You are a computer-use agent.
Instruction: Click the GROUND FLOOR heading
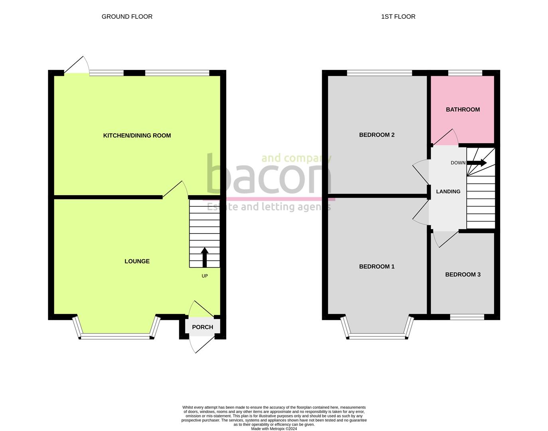coord(127,16)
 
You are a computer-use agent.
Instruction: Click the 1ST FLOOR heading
coord(398,16)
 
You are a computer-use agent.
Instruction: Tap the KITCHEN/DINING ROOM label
coord(137,135)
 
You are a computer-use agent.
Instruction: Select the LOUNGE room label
coord(137,261)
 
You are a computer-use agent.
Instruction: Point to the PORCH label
coord(202,327)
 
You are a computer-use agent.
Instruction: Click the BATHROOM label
coord(463,109)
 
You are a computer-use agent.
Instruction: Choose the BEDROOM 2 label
coord(377,134)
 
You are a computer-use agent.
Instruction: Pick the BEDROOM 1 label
coord(377,267)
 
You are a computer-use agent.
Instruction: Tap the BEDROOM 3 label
coord(463,275)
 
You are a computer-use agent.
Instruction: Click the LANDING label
coord(448,192)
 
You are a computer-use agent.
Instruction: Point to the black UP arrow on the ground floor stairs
coord(204,257)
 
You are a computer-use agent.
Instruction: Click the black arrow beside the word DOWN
coord(477,163)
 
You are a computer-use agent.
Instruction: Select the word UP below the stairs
coord(205,276)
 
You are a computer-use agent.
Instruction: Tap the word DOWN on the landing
coord(458,163)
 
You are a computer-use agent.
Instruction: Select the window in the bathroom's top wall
coord(465,73)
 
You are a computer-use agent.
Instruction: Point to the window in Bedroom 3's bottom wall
coord(467,317)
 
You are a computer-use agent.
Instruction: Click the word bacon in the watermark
coord(269,174)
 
